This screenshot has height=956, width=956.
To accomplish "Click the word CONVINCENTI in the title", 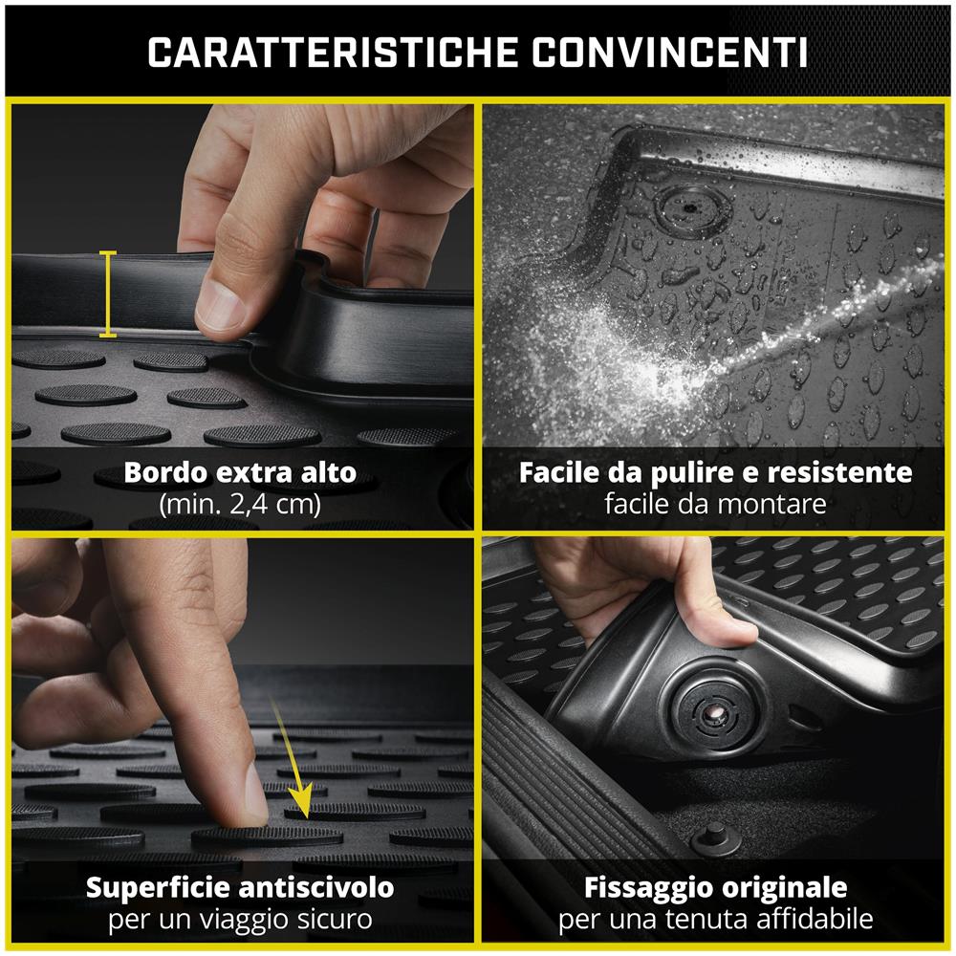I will coord(670,54).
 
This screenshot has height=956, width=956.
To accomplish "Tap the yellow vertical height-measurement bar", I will coord(108,294).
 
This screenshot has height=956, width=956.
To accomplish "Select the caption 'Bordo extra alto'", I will coord(239,472).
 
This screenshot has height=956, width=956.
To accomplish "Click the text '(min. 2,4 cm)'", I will coord(239,504).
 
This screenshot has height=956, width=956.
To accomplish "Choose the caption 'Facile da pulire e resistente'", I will coord(715,472).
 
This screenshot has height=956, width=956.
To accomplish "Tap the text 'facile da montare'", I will coord(715,504).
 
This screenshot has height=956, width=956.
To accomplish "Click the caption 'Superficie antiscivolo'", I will coord(239,887).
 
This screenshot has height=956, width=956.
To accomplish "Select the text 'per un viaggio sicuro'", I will coord(239,920).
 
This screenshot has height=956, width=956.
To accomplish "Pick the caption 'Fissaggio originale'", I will coord(715,887).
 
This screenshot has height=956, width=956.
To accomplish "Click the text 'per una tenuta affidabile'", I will coord(715,920).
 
